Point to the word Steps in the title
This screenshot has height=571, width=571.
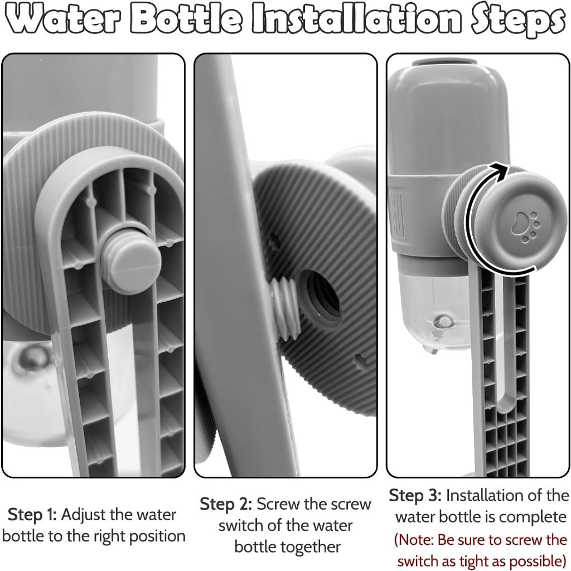tap(517, 21)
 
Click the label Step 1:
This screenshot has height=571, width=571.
tap(32, 515)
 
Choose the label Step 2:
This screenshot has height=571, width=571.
tap(225, 505)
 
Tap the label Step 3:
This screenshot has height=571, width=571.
tap(415, 496)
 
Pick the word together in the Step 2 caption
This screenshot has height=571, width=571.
tap(287, 548)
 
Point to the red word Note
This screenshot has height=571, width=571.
tap(417, 540)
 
